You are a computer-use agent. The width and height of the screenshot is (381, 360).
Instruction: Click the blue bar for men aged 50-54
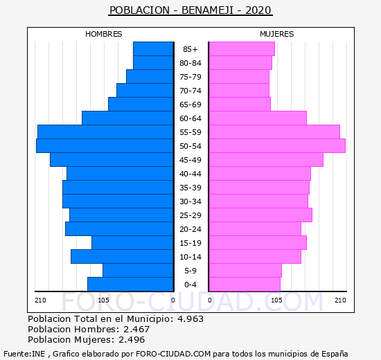coord(105,146)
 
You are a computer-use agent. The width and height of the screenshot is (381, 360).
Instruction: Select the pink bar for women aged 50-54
coord(277,146)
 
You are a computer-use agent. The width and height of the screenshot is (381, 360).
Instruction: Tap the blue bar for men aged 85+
coord(153,49)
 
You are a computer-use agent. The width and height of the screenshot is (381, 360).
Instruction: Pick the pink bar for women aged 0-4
coord(245,285)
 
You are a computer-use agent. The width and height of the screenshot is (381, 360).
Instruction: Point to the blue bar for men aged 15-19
coord(132,243)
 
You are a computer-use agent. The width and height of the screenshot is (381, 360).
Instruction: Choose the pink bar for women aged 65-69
coord(240,105)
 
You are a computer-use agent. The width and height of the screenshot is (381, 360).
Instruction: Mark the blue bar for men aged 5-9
coord(138,271)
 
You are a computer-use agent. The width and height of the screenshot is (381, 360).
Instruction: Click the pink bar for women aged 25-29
coord(260,215)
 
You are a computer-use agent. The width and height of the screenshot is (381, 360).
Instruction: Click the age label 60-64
coord(190,118)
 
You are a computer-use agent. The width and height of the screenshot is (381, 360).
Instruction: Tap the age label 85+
coord(190,49)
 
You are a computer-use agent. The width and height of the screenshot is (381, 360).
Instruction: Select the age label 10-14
coord(190,257)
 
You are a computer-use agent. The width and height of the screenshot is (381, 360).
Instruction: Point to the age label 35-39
coord(190,188)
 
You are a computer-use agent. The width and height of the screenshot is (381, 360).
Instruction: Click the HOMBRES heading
coord(104,34)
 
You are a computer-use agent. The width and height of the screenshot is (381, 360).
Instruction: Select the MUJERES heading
coord(277,34)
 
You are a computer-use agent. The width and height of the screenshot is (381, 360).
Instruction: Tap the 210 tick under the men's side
coord(40,300)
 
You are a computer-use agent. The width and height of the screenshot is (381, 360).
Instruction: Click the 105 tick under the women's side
coord(276,300)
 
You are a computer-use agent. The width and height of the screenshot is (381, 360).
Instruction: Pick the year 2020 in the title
coord(258,10)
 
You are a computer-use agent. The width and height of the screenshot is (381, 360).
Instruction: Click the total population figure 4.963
coord(190,318)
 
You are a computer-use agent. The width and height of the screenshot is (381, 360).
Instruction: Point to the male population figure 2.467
coord(136,329)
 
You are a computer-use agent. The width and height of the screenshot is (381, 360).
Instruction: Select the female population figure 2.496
coord(132,340)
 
